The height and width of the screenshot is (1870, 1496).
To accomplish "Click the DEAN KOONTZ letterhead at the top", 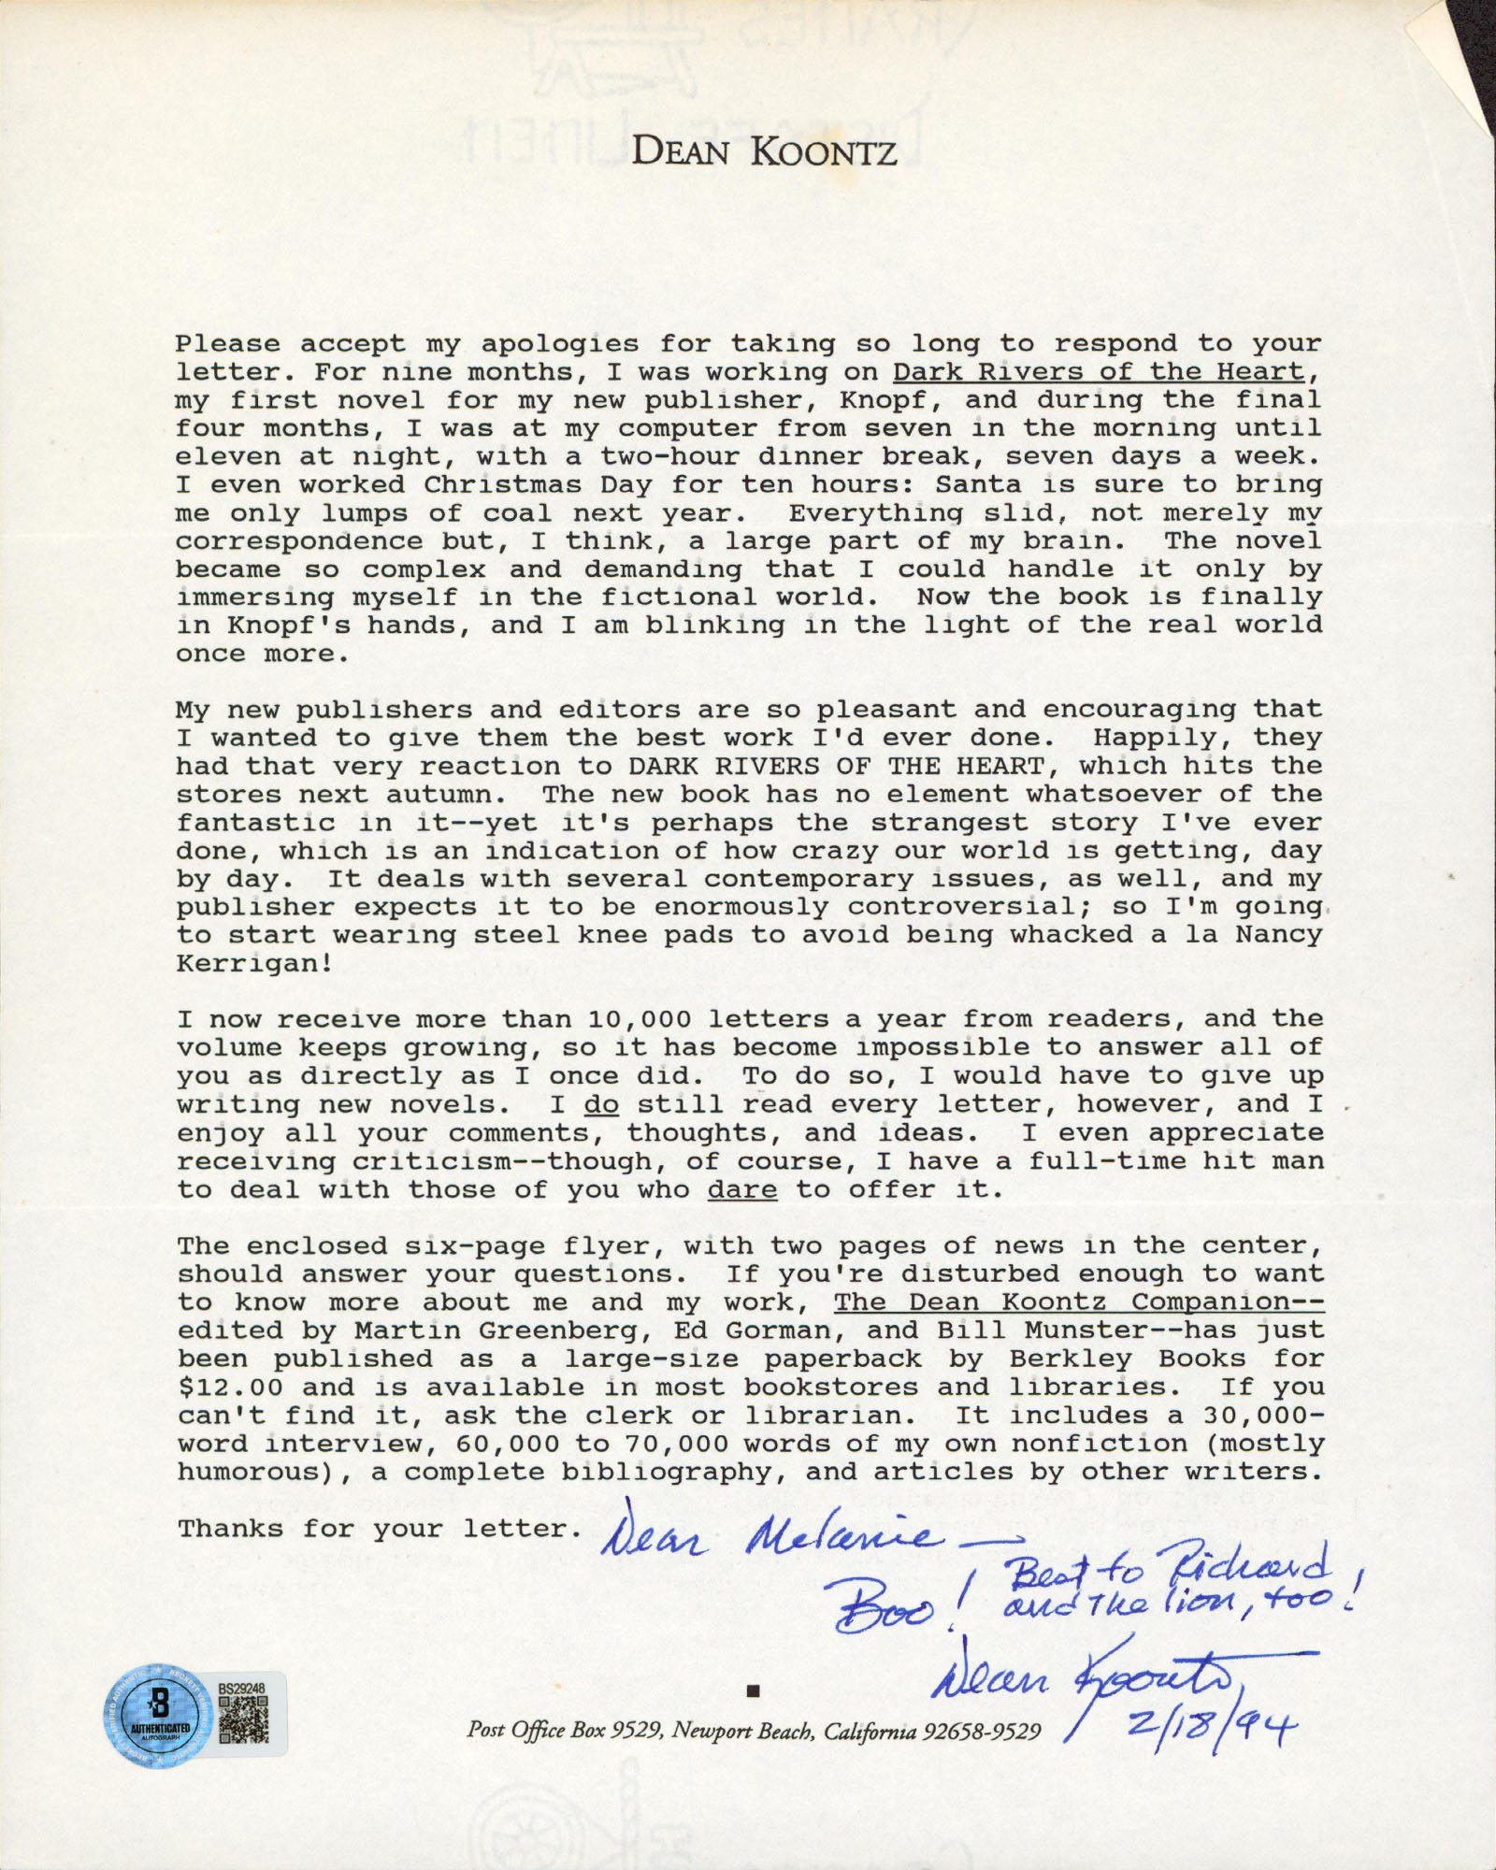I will [764, 151].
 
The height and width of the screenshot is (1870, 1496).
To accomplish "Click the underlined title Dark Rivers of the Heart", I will [1098, 372].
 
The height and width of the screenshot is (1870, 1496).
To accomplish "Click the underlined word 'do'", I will [601, 1104].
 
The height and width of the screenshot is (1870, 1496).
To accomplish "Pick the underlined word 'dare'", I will [742, 1189].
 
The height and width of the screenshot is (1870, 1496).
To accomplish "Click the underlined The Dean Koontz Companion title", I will [1078, 1302].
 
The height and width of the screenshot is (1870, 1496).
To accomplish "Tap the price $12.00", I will [230, 1388].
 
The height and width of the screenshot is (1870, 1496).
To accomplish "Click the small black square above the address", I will [754, 1690].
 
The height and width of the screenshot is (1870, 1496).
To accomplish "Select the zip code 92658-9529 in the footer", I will [981, 1733].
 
